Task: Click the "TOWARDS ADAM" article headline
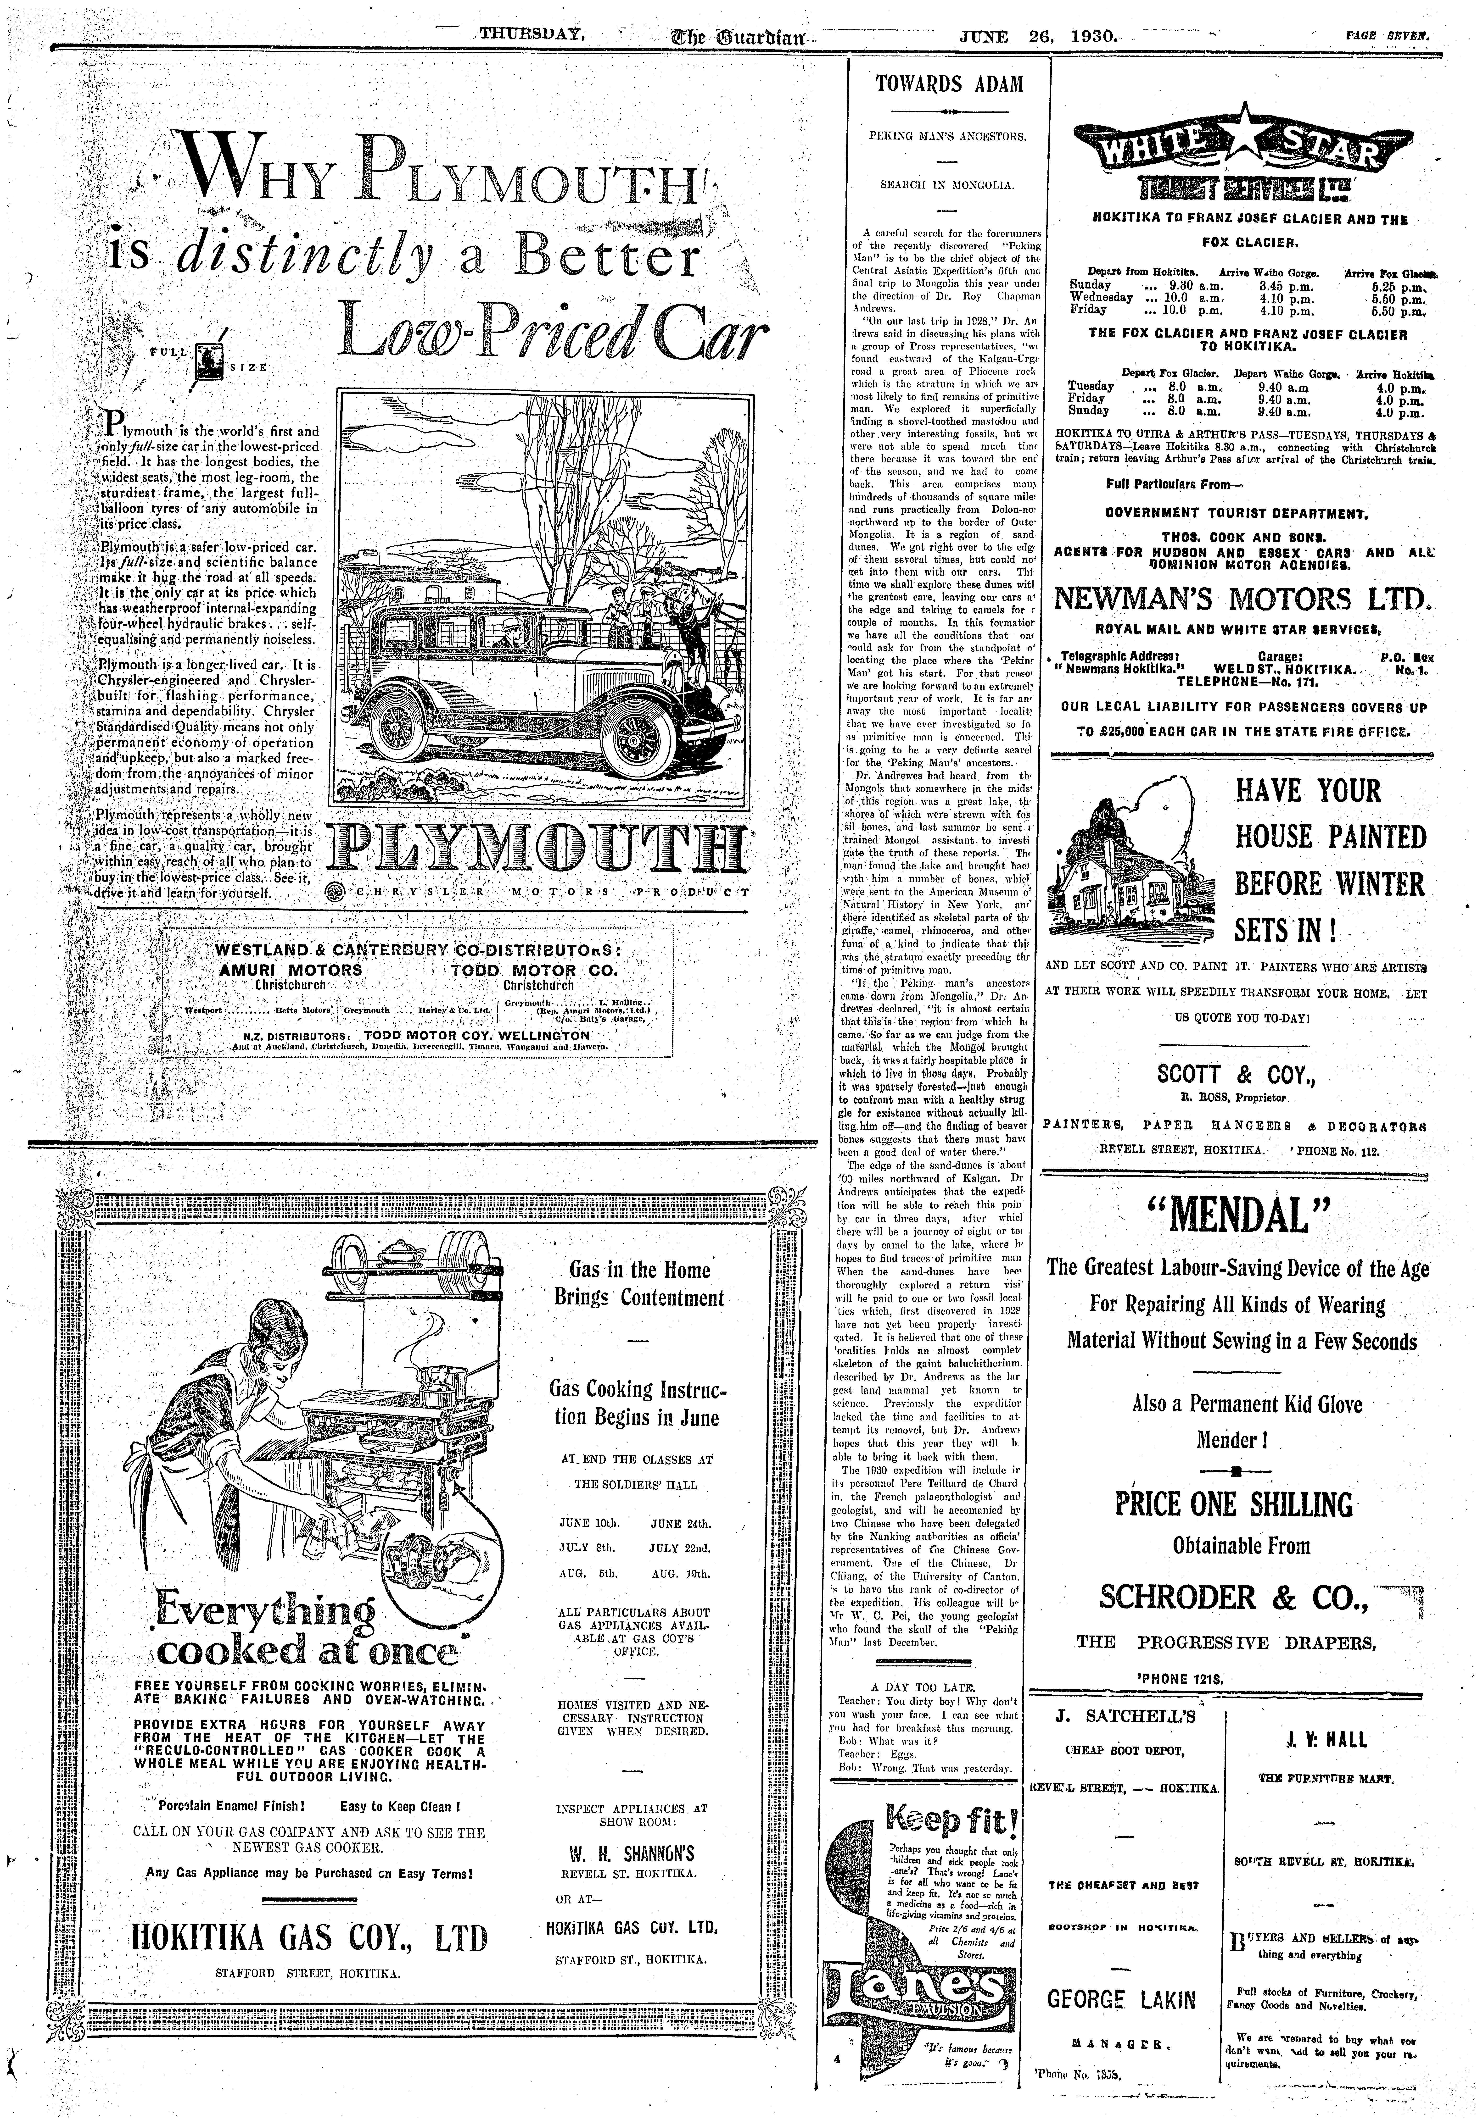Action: coord(950,84)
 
